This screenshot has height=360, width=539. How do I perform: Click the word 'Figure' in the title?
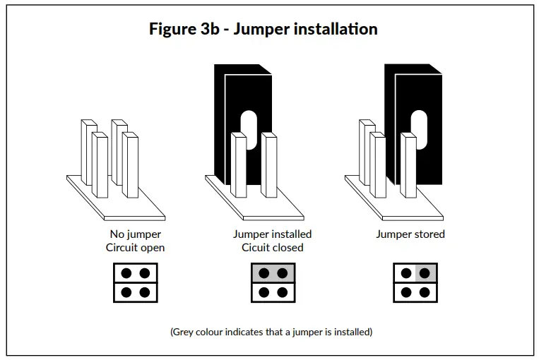[172, 30]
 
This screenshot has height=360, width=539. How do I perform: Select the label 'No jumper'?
[135, 234]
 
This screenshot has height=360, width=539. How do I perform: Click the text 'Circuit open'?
[135, 248]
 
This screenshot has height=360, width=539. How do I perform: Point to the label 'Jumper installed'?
[272, 234]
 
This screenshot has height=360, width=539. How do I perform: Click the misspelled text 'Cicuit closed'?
[272, 248]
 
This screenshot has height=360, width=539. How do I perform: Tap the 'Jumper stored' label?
[410, 234]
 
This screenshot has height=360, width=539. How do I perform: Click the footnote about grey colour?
[271, 332]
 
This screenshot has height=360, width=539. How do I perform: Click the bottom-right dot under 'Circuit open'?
[144, 292]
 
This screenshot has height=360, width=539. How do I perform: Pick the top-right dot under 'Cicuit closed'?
[282, 273]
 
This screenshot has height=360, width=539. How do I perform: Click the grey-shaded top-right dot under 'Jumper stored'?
[426, 273]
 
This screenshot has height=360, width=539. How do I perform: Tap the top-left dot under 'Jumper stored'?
[406, 273]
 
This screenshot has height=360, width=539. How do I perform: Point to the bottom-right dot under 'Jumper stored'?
[426, 292]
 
